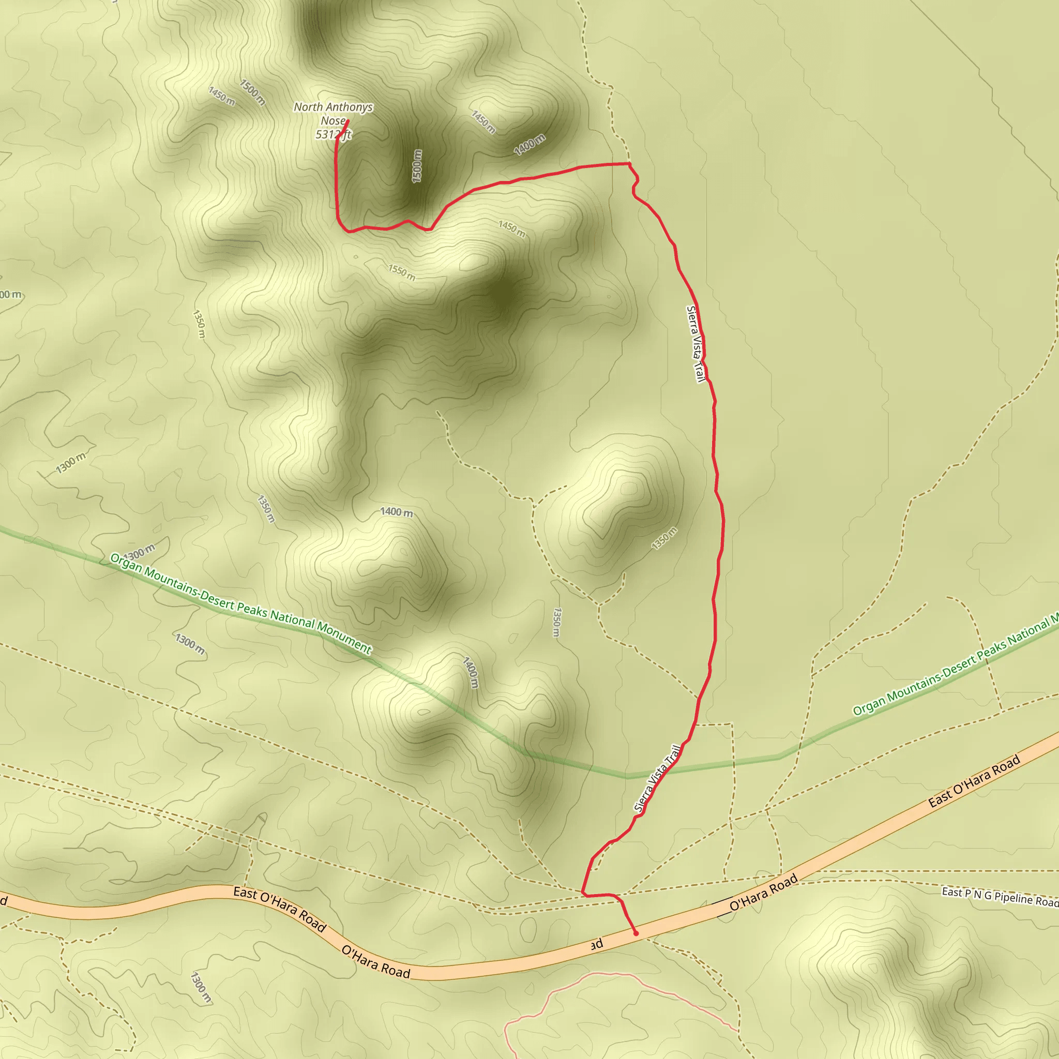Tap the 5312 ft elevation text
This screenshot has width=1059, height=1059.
332,134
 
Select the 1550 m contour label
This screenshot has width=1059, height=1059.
402,272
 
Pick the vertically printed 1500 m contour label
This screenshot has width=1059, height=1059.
417,166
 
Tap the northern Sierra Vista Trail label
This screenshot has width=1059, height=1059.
695,344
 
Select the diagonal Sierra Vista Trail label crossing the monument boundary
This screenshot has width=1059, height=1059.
657,778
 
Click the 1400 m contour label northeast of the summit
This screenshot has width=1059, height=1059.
529,144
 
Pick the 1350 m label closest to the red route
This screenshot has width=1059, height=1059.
664,538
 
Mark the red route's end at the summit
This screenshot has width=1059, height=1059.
348,120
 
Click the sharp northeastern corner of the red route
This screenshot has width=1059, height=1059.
630,163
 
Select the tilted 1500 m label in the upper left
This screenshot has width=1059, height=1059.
253,92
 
